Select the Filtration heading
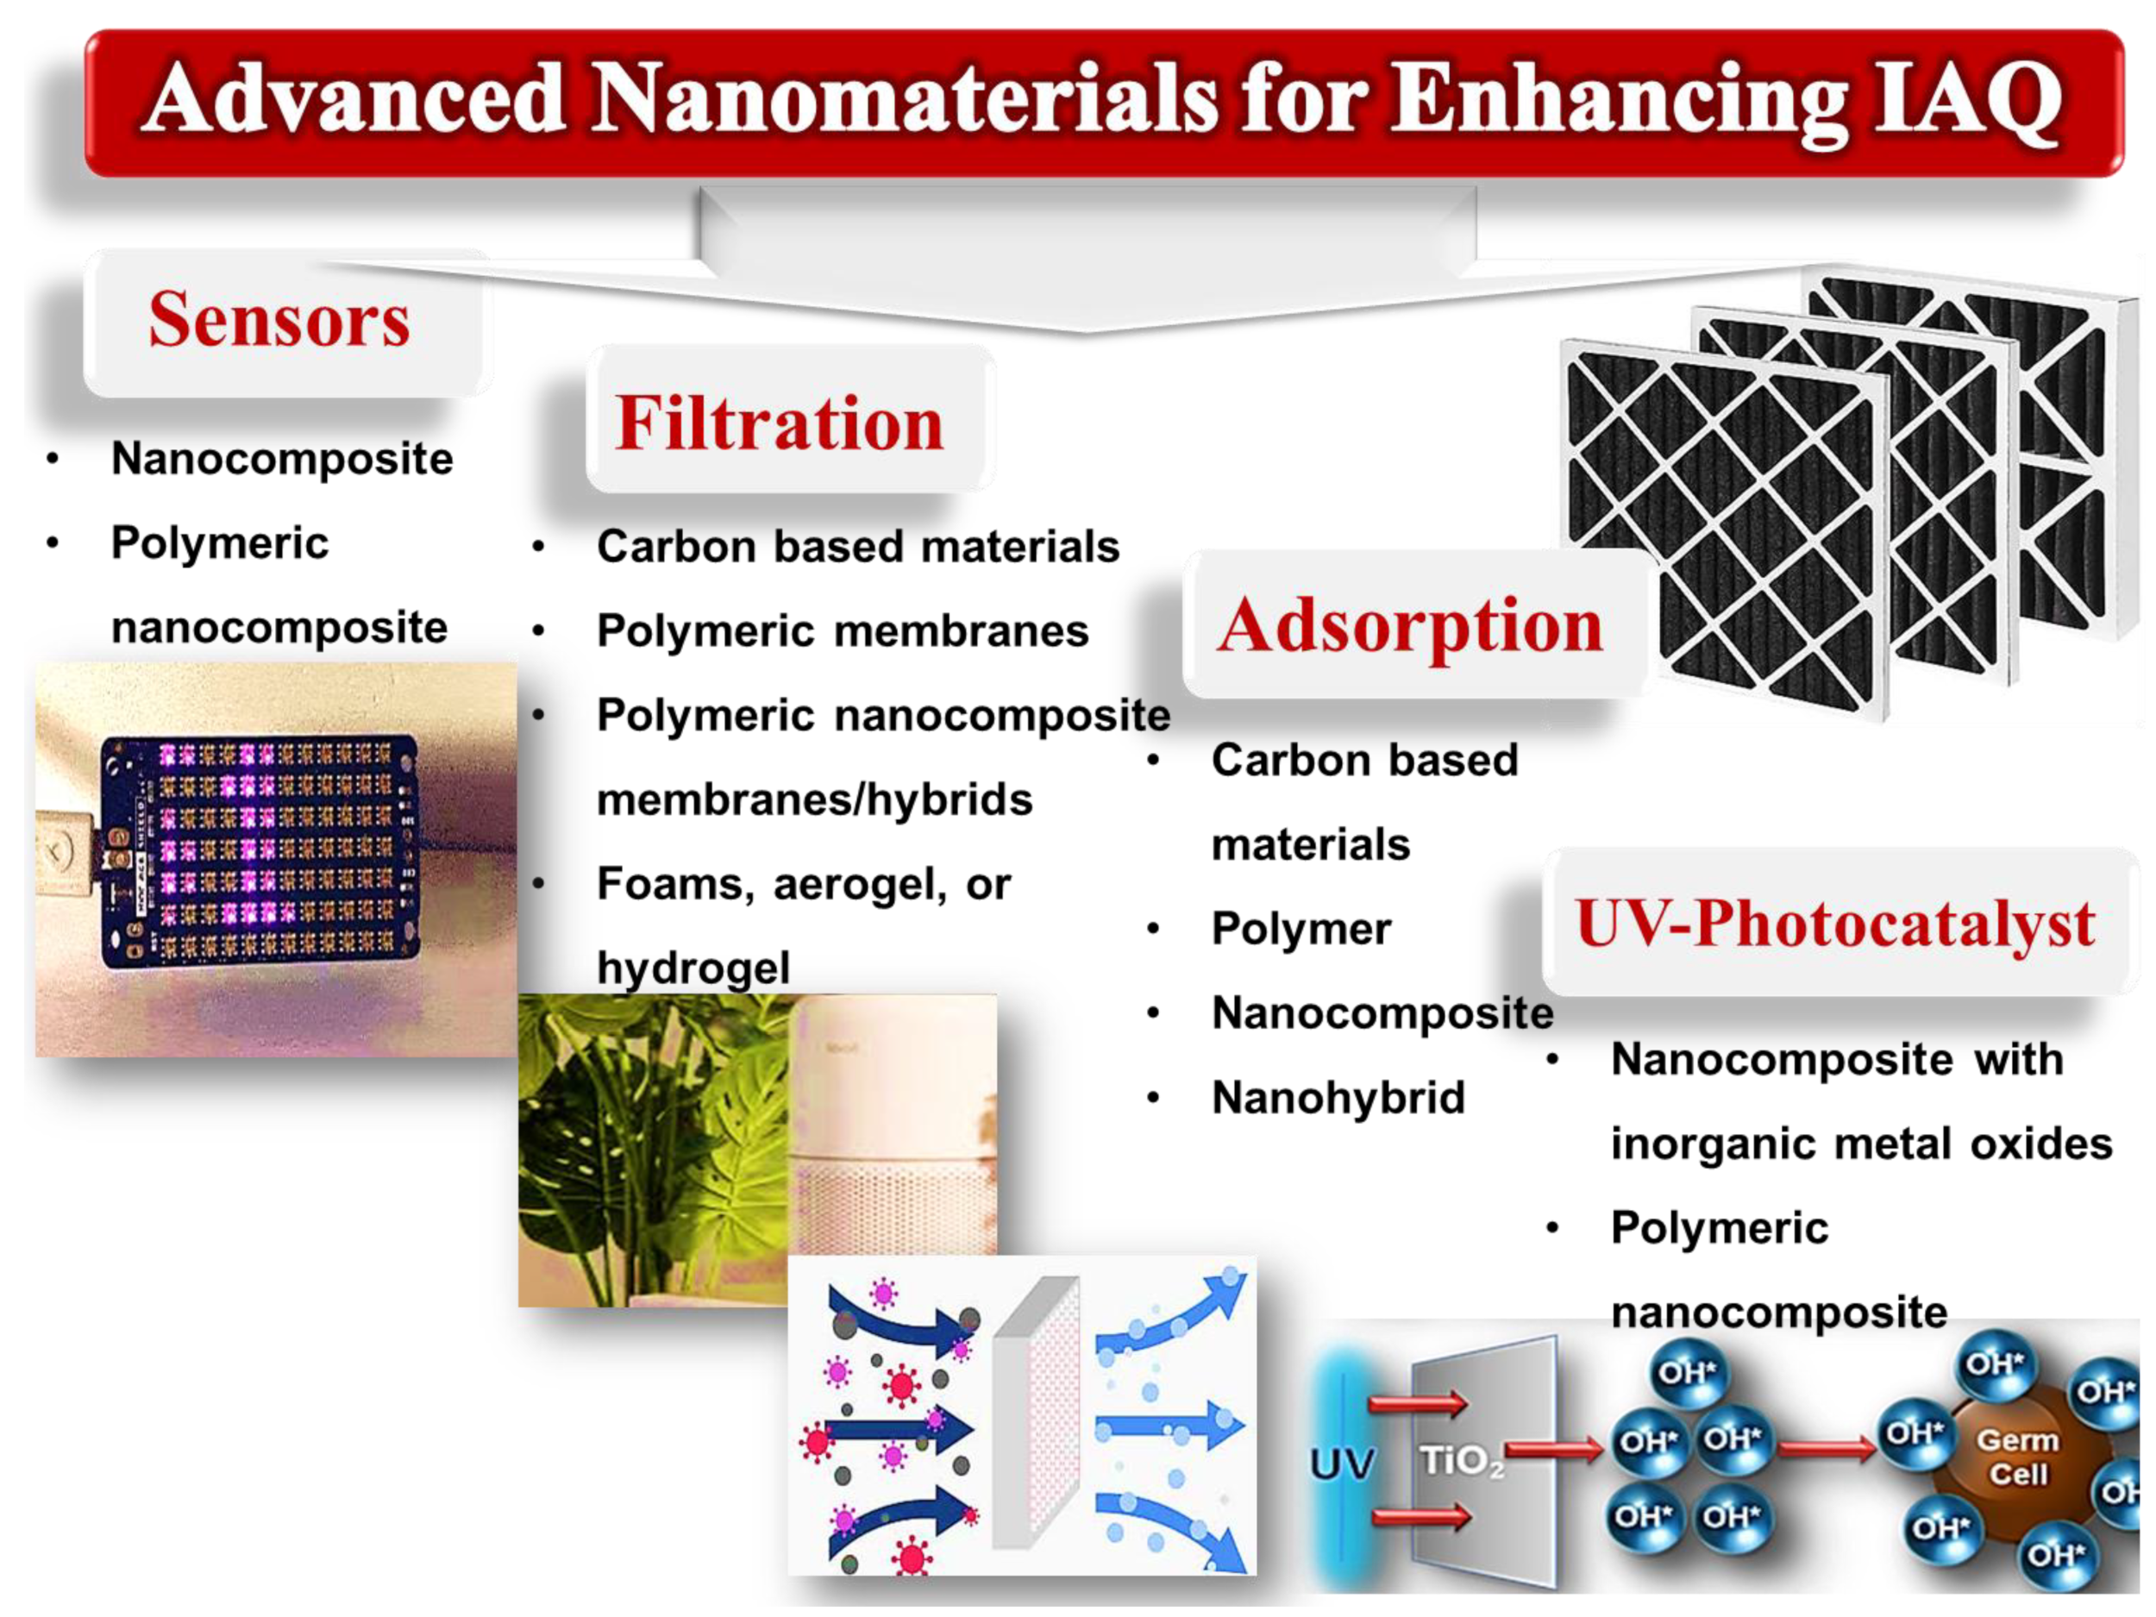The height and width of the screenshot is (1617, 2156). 779,424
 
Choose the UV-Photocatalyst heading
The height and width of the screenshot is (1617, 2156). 1834,923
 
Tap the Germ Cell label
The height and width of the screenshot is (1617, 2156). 2016,1457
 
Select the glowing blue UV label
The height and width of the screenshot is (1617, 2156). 1342,1463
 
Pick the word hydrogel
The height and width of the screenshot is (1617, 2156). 693,968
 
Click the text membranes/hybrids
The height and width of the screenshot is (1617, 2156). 814,799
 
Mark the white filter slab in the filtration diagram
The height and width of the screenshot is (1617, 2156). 1035,1413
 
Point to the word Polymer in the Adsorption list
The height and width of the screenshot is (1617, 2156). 1300,929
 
